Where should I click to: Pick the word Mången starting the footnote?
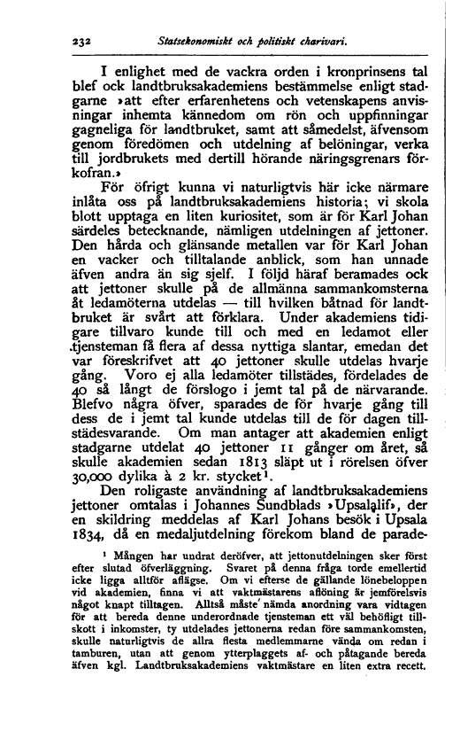click(x=125, y=625)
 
